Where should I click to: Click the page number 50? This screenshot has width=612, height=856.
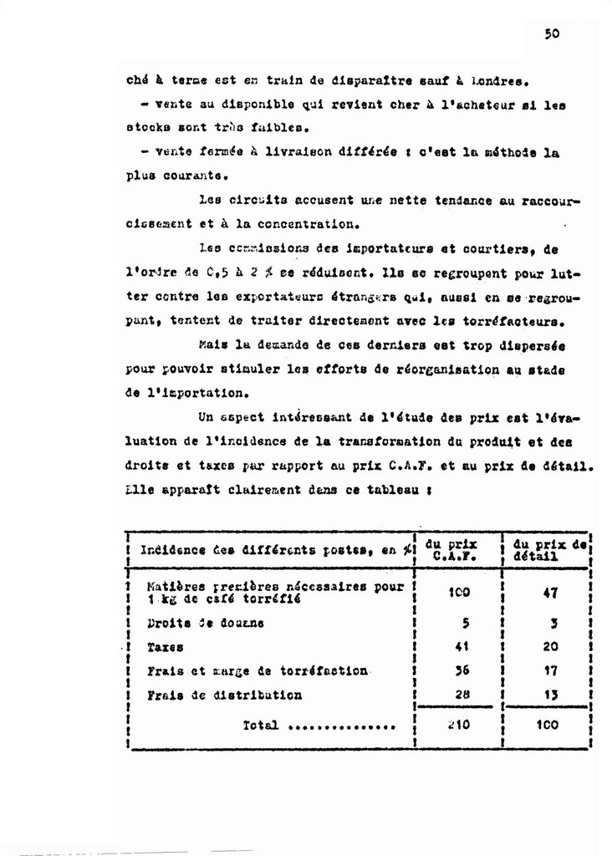551,34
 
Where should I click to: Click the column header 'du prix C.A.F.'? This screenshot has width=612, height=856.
456,549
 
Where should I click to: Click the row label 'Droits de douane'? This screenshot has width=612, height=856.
205,623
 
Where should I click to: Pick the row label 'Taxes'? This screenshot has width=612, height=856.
165,647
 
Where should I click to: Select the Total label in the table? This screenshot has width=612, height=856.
260,726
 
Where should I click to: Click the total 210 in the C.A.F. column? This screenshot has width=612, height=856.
458,725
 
